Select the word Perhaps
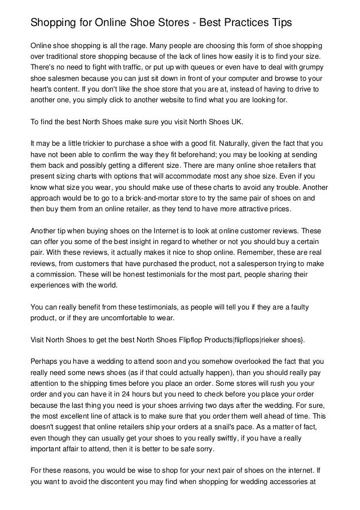point(44,361)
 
